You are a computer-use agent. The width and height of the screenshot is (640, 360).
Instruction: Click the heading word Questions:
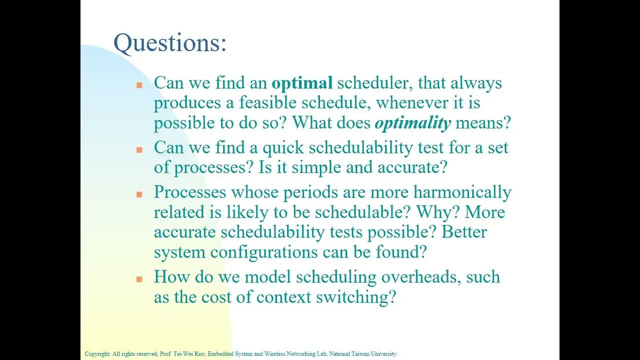tap(170, 43)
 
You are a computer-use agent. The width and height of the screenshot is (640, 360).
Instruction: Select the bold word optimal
tap(302, 83)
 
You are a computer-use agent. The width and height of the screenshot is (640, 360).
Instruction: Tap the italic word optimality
tap(412, 123)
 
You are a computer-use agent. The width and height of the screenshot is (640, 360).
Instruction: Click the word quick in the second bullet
tap(283, 148)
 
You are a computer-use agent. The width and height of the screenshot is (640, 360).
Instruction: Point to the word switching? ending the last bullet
tap(356, 297)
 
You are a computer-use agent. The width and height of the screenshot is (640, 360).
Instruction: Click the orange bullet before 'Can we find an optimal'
tap(139, 85)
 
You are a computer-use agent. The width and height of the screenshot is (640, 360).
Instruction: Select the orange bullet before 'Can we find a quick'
tap(139, 149)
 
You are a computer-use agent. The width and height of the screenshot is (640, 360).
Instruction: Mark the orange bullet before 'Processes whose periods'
tap(139, 194)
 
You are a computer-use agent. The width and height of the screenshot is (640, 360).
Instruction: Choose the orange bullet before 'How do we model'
tap(139, 279)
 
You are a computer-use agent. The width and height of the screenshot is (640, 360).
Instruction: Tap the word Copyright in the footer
tap(97, 354)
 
